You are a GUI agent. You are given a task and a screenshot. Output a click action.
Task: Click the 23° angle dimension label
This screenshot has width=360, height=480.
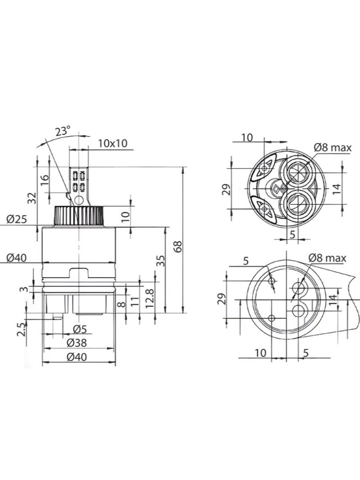63,131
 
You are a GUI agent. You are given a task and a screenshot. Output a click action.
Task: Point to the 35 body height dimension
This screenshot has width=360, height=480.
160,261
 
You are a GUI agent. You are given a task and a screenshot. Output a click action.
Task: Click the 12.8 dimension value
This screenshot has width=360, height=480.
149,298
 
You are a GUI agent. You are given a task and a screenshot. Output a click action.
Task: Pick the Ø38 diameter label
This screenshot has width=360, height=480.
78,343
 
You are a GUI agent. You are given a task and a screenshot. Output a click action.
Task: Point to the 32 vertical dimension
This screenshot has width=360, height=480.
33,198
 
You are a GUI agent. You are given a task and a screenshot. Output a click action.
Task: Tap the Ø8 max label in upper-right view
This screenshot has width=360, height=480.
332,147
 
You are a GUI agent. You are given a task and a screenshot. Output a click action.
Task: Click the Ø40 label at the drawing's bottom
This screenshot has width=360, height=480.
78,357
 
